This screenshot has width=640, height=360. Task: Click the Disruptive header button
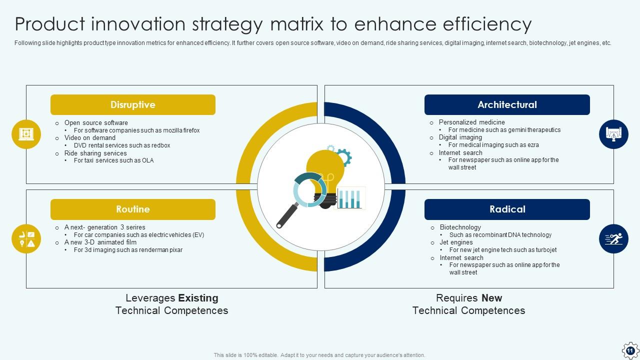click(x=133, y=104)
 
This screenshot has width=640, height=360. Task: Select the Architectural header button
click(x=507, y=104)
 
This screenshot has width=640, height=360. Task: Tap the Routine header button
click(x=133, y=209)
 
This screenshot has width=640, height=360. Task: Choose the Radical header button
click(x=507, y=209)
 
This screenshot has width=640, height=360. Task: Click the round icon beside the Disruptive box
click(x=26, y=134)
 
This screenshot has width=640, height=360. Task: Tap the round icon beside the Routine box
click(x=26, y=239)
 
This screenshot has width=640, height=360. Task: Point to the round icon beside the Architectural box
click(x=613, y=134)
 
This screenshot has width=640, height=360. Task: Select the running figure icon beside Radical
click(x=613, y=239)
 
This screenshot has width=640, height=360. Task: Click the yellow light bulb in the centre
click(x=325, y=171)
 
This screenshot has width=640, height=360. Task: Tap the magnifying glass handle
click(x=287, y=215)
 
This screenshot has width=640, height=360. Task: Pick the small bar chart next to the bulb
click(x=350, y=198)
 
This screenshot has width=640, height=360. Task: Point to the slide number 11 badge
click(x=630, y=350)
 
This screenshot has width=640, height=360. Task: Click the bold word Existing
click(x=198, y=298)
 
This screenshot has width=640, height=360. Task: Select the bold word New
click(x=491, y=298)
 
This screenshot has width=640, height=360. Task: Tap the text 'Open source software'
click(x=96, y=123)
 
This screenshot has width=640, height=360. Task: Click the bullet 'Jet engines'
click(x=456, y=242)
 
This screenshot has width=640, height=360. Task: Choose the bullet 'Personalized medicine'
click(x=471, y=122)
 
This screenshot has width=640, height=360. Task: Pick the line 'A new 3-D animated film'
click(x=100, y=242)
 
